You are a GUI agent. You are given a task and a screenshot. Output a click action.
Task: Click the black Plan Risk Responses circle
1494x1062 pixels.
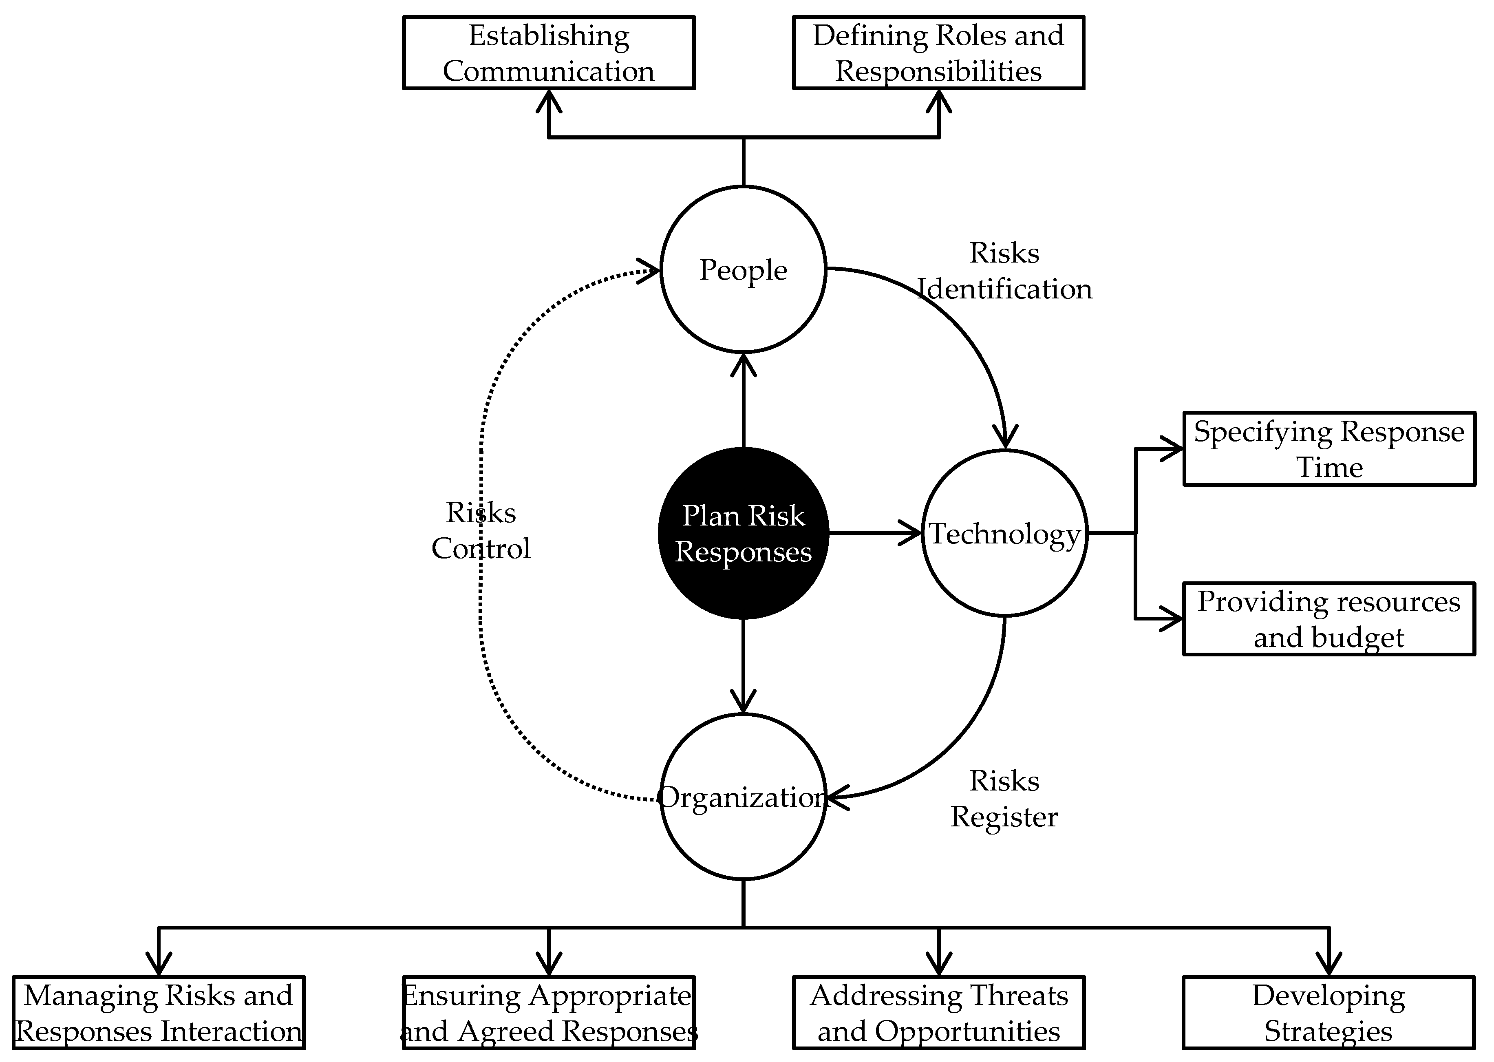[744, 533]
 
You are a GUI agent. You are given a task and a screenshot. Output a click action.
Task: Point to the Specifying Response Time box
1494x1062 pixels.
[1329, 448]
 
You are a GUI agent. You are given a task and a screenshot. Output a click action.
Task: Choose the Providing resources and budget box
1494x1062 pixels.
[1329, 618]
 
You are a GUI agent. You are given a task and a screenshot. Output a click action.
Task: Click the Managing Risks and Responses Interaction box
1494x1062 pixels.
[159, 1013]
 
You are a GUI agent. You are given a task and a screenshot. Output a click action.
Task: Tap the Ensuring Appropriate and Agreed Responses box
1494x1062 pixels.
[549, 1013]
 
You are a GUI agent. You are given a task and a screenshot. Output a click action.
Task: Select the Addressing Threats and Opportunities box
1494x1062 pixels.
[938, 1013]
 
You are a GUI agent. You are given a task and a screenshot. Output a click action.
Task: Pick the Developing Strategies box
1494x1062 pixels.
[1329, 1013]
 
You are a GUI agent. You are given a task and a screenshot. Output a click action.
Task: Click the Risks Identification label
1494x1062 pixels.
[1004, 271]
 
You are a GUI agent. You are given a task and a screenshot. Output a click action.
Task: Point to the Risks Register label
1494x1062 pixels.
[1004, 799]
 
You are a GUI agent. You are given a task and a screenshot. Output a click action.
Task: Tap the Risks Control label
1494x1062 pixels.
[481, 530]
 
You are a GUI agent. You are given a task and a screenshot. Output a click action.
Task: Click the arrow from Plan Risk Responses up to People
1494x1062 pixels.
[744, 402]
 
